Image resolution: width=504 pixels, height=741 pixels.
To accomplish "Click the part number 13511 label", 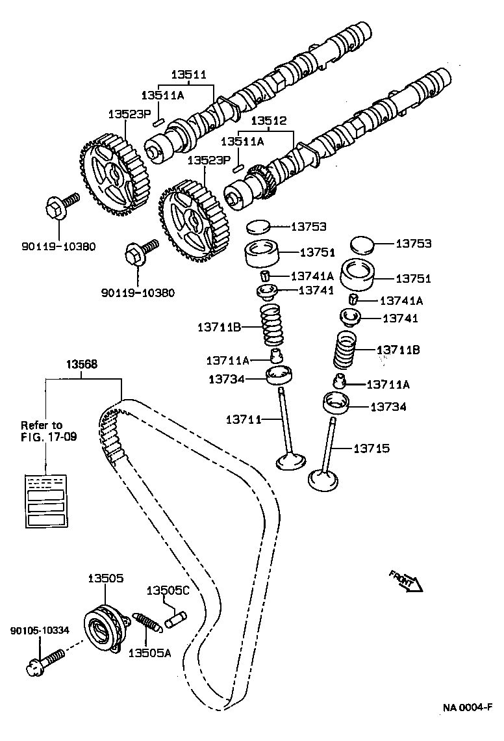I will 188,75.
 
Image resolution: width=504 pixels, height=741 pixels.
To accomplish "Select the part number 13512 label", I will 269,122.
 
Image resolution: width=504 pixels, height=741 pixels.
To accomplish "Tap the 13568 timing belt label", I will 81,365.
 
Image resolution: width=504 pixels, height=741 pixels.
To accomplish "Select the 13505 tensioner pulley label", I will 105,577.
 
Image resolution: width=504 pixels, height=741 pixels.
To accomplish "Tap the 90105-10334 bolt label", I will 40,630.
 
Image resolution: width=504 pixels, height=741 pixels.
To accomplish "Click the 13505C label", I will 168,590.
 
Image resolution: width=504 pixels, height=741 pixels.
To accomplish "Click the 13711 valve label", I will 244,420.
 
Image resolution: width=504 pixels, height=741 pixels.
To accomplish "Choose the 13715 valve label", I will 372,448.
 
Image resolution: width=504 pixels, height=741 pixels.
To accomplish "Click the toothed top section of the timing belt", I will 110,429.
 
